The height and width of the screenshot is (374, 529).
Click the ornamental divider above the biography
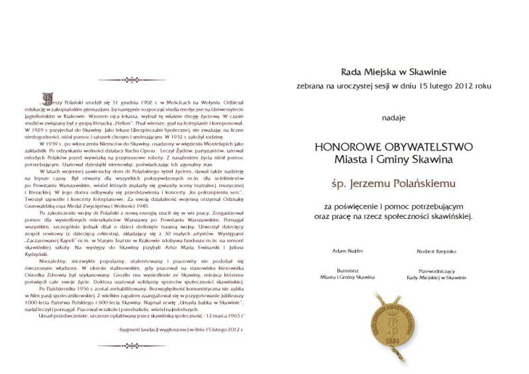click(x=141, y=80)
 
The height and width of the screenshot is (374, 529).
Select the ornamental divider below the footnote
click(x=141, y=345)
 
